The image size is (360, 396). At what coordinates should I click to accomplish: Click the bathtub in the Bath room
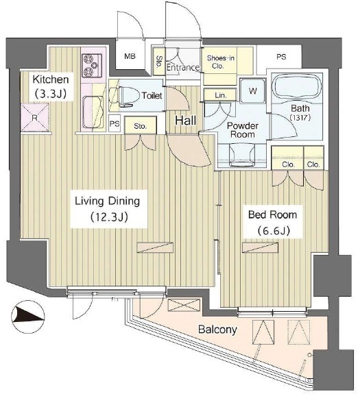(298, 88)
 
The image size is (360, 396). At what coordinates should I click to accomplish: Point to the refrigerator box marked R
(35, 117)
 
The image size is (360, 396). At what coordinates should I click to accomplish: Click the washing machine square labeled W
(253, 90)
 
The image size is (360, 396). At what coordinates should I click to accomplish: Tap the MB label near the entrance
(130, 56)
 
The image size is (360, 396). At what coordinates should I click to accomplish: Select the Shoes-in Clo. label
(220, 62)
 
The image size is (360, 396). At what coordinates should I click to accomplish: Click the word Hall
(186, 121)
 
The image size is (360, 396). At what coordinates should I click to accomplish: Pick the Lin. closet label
(221, 95)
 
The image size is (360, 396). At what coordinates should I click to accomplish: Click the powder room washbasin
(242, 155)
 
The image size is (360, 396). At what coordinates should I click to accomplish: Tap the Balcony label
(217, 330)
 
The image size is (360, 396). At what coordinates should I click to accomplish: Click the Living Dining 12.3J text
(108, 209)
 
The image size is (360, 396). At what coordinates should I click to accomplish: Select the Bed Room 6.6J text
(272, 223)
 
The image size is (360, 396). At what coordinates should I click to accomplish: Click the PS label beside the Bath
(281, 57)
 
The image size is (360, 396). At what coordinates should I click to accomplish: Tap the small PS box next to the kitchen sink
(115, 123)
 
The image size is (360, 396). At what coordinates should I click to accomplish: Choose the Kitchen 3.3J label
(51, 86)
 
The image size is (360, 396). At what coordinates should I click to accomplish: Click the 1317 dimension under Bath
(300, 118)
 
